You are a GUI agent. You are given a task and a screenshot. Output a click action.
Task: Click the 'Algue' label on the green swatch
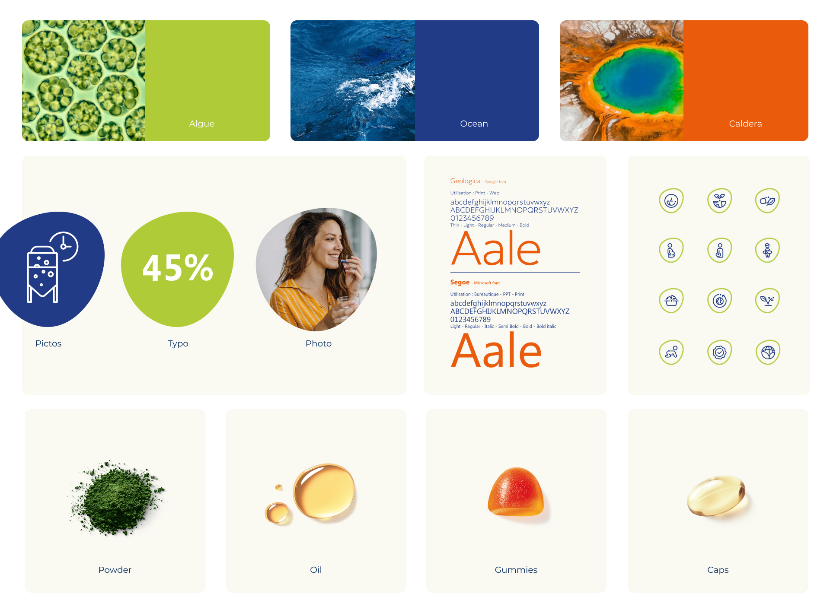coord(201,124)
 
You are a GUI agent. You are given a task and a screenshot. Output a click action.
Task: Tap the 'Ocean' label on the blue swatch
coord(474,124)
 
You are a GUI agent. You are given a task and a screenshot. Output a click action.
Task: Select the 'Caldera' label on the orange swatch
coord(745,124)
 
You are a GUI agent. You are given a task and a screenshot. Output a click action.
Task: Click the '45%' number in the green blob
coord(178,268)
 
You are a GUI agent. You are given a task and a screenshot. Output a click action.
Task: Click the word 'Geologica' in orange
coord(465,181)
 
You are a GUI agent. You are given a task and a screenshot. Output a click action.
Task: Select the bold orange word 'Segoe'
coord(460,282)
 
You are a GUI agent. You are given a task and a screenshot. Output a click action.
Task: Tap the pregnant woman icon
coord(671,251)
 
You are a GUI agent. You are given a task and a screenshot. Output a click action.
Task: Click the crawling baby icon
coord(671,352)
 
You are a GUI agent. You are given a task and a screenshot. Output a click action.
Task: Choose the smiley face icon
coord(671,201)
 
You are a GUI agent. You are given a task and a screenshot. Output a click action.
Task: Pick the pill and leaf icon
coord(767,201)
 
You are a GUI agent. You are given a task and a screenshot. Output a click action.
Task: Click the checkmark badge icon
coord(719,352)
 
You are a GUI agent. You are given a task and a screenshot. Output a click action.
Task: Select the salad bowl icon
coord(671,301)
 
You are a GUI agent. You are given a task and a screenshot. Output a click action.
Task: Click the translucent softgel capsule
coord(716,496)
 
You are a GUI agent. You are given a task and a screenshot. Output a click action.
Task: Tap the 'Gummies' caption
coord(516,570)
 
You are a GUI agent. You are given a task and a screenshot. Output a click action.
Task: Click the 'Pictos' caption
coord(48,343)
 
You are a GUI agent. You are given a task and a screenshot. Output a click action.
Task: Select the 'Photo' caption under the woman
coord(319,343)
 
